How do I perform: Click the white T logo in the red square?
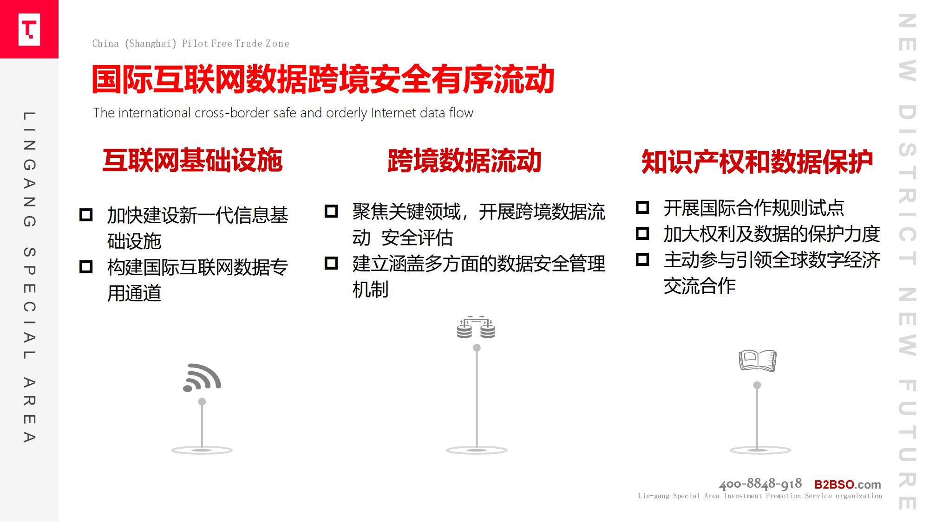tap(29, 29)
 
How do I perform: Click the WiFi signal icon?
tap(202, 378)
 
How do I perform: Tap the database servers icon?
tap(476, 327)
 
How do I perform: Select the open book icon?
tap(758, 361)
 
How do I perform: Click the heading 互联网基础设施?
tap(192, 161)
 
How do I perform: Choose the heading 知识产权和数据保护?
tap(757, 162)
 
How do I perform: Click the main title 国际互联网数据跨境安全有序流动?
tap(323, 79)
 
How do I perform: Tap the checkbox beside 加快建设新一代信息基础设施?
tap(86, 215)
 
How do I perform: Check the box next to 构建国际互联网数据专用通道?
tap(86, 267)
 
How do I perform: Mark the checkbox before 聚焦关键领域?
tap(331, 211)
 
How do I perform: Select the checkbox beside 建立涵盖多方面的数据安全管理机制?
tap(331, 263)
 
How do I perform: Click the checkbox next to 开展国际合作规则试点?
tap(642, 207)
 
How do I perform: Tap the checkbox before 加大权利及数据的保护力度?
tap(642, 233)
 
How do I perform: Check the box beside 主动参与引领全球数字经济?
tap(642, 259)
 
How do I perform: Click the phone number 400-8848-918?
tap(760, 484)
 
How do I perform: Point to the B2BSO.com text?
tap(848, 484)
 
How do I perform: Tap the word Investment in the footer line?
tap(743, 496)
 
